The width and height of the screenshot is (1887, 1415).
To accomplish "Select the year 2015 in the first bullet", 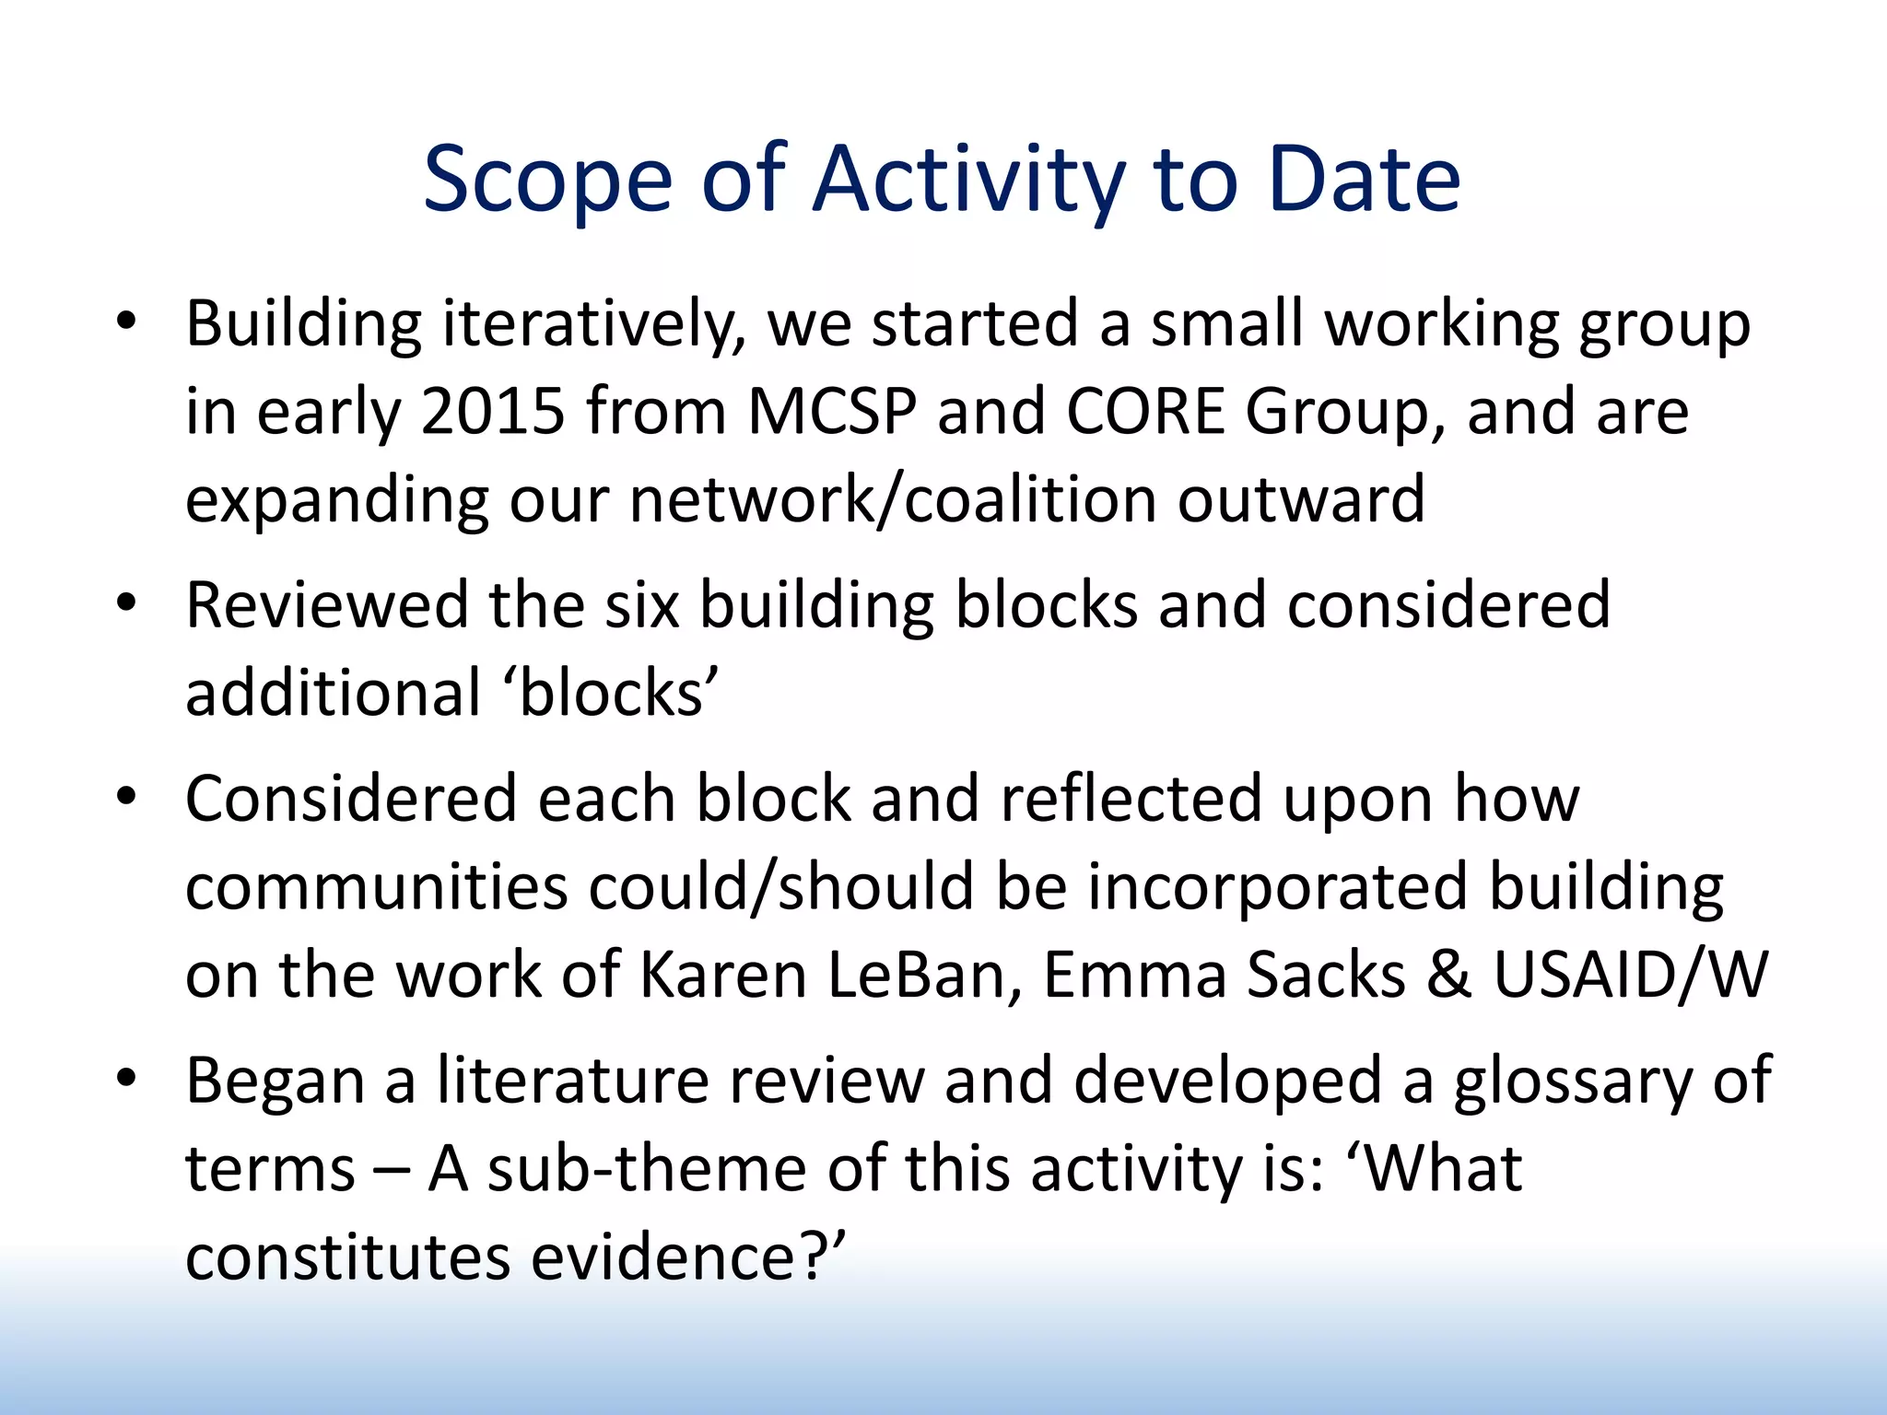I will [x=493, y=411].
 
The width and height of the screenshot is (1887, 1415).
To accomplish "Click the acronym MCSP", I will [x=832, y=411].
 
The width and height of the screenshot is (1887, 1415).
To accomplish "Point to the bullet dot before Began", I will [x=126, y=1077].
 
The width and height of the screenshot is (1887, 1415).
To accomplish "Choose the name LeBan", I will [x=925, y=976].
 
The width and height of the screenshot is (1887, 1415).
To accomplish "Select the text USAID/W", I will [x=1630, y=976].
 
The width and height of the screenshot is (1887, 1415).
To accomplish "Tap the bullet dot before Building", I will [x=126, y=322].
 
